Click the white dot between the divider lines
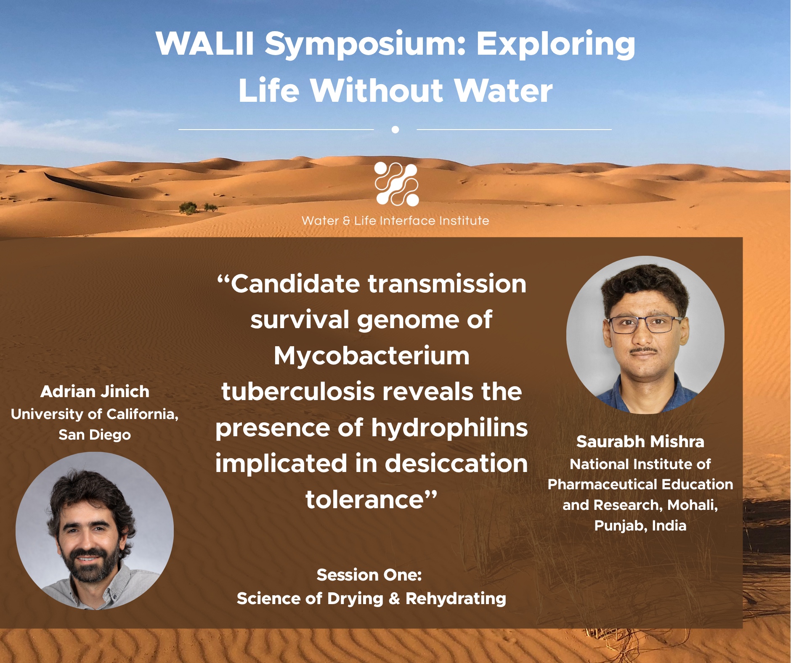coord(395,130)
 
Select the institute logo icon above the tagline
coord(396,184)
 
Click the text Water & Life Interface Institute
coord(395,221)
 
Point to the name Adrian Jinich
coord(95,392)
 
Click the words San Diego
coord(95,435)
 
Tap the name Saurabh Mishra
coord(640,442)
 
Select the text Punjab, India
coord(640,525)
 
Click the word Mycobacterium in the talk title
coord(372,356)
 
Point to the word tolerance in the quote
coord(364,499)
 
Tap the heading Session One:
coord(369,575)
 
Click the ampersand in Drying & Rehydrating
coord(394,599)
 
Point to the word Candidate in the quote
coord(296,284)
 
